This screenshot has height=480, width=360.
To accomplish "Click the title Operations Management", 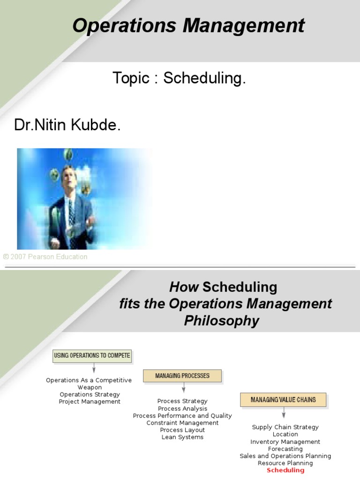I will point(188,25).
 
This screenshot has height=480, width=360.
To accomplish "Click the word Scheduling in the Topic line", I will point(204,78).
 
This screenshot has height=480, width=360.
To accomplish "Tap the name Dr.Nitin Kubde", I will point(67,125).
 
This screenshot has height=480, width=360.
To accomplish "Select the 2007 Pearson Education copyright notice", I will point(45,257).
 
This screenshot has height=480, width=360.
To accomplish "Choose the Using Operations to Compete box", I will point(92,355).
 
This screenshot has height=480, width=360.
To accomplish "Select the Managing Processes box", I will point(182,375).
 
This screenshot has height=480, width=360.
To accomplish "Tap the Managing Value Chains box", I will point(283,400).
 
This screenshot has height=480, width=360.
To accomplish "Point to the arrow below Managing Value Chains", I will point(284,414).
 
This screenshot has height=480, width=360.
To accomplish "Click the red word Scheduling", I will point(285,470).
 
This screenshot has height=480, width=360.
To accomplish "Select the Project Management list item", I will point(90,401).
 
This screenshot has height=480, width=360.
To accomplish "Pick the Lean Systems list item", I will point(182,437).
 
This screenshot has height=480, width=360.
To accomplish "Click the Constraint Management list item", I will point(182,423).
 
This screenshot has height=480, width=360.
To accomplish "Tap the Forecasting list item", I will point(285,449).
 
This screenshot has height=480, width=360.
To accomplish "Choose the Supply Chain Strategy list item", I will point(285,427).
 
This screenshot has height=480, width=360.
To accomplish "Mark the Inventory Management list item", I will point(285,442).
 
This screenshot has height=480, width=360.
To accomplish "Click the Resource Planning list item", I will point(285,463).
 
